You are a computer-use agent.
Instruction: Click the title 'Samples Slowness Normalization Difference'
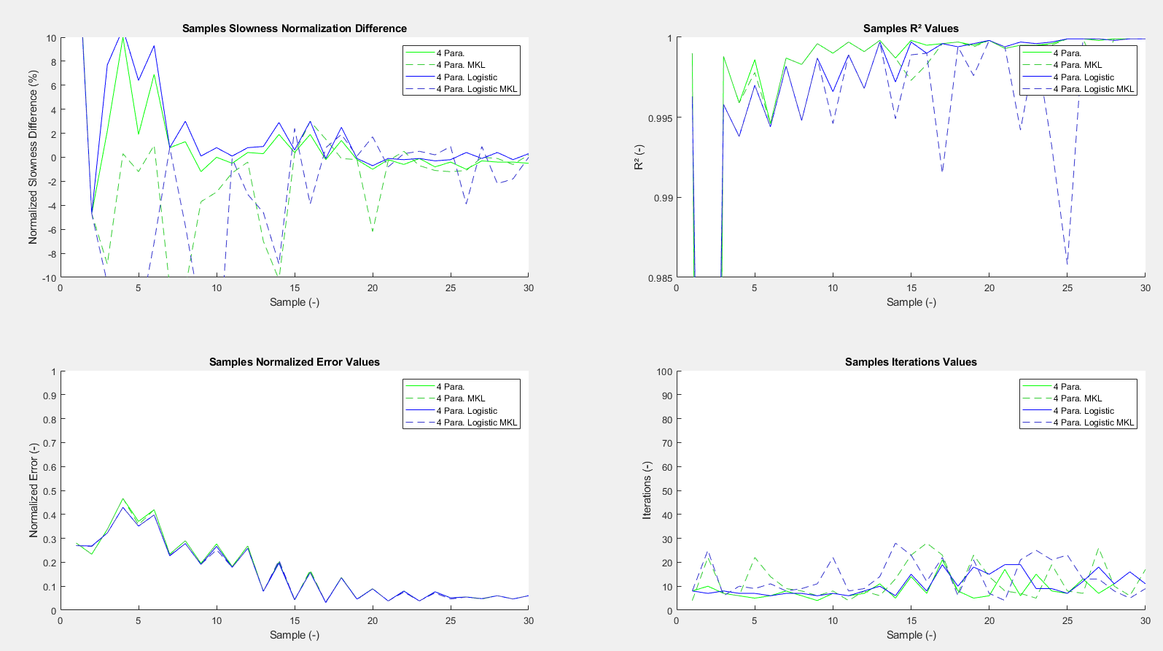pyautogui.click(x=294, y=28)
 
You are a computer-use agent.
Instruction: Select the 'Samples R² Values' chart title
pyautogui.click(x=911, y=28)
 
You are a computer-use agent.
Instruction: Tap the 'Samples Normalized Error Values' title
pyautogui.click(x=294, y=362)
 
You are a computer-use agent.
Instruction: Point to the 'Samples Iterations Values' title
pyautogui.click(x=911, y=362)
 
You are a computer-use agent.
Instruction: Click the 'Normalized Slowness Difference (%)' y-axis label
pyautogui.click(x=33, y=157)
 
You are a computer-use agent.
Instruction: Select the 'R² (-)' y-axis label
pyautogui.click(x=639, y=157)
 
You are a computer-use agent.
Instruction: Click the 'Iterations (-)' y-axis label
pyautogui.click(x=647, y=490)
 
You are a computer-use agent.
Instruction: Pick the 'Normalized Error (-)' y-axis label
pyautogui.click(x=33, y=490)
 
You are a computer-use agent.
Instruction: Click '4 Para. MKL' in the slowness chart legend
pyautogui.click(x=461, y=65)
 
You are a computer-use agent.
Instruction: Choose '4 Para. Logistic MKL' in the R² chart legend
pyautogui.click(x=1094, y=89)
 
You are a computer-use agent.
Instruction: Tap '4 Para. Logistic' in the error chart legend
pyautogui.click(x=467, y=411)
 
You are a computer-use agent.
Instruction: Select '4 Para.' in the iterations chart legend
pyautogui.click(x=1067, y=387)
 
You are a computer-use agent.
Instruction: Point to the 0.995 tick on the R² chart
pyautogui.click(x=660, y=118)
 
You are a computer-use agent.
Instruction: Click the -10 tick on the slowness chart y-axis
pyautogui.click(x=49, y=278)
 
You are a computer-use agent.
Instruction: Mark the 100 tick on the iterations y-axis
pyautogui.click(x=664, y=371)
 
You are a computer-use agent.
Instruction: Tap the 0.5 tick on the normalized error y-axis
pyautogui.click(x=50, y=491)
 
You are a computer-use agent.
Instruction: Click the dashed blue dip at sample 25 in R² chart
pyautogui.click(x=1067, y=264)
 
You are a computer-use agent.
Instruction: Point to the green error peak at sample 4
pyautogui.click(x=123, y=499)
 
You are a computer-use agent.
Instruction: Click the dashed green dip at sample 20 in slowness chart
pyautogui.click(x=373, y=231)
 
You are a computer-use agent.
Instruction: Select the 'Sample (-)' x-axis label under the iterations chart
pyautogui.click(x=911, y=635)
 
